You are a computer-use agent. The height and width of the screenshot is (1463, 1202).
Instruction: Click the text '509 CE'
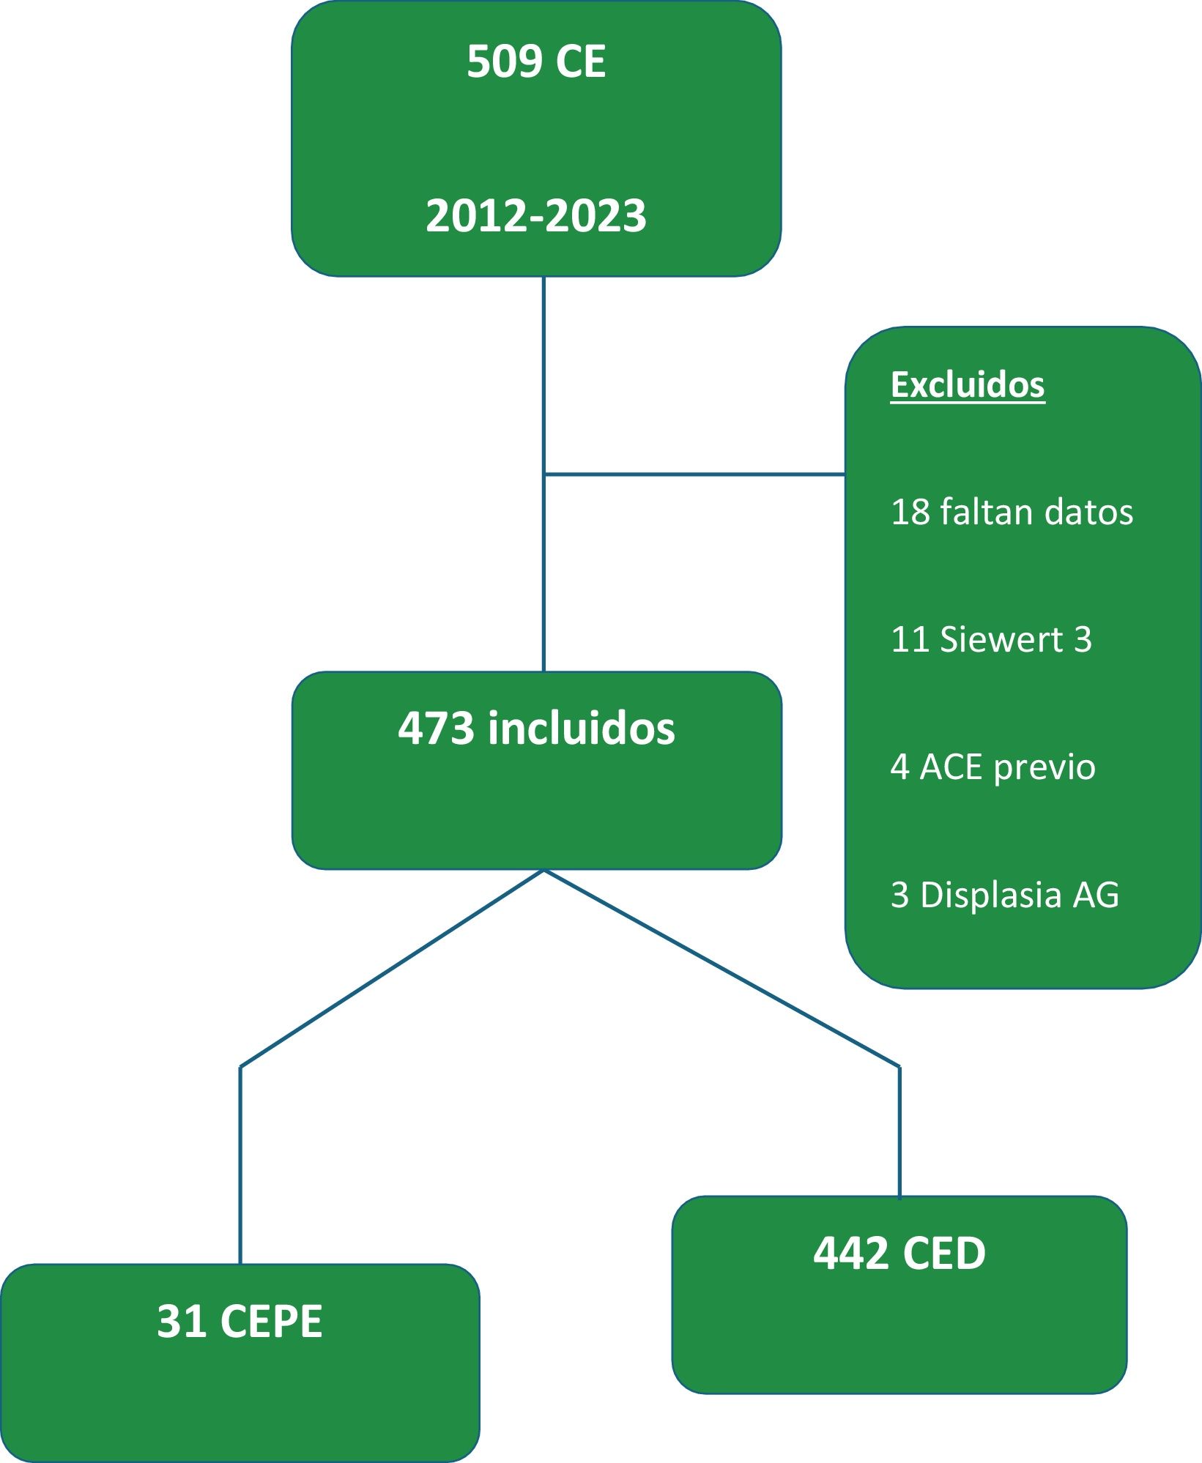pos(536,62)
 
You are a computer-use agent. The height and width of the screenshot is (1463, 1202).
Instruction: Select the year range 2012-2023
pos(536,216)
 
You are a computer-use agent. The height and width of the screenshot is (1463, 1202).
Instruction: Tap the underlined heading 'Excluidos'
pos(967,384)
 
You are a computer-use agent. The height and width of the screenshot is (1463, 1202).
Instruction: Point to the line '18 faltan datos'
pos(1012,512)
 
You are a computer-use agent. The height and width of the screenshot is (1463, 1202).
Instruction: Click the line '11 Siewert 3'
pos(991,639)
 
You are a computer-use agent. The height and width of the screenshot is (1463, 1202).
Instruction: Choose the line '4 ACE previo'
pos(993,767)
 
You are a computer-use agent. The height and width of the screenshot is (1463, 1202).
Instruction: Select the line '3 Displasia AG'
pos(1005,895)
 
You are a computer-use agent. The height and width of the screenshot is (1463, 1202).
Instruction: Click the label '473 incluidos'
pos(536,729)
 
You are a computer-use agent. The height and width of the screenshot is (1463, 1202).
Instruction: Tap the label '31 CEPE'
pos(240,1322)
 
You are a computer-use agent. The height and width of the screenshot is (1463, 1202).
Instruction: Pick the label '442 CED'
pos(899,1254)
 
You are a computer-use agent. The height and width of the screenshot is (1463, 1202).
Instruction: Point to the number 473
pos(436,729)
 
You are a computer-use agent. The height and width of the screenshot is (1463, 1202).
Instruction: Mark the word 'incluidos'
pos(582,729)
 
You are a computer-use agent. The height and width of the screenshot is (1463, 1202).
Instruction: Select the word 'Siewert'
pos(1001,639)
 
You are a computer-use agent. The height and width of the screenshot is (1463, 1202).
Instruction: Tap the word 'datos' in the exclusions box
pos(1089,512)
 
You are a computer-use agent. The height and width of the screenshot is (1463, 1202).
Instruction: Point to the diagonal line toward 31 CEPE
pos(392,968)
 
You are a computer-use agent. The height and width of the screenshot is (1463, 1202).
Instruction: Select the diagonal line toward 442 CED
pos(721,968)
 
